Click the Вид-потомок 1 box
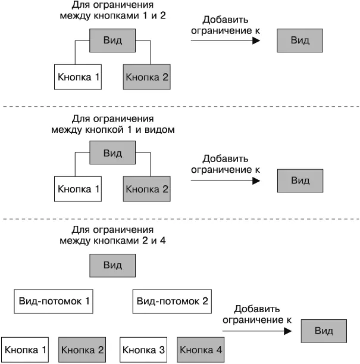click(x=54, y=301)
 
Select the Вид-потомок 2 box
click(x=172, y=301)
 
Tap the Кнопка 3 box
click(x=143, y=350)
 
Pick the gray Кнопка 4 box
click(x=201, y=350)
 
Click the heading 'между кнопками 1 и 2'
click(x=112, y=16)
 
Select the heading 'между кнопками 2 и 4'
click(x=112, y=241)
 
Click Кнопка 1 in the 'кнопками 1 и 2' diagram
click(x=79, y=77)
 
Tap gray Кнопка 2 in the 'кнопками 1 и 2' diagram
click(x=147, y=77)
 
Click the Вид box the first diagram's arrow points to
click(x=300, y=41)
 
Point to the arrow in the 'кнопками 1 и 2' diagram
click(x=226, y=41)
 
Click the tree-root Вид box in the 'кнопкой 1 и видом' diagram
click(x=112, y=153)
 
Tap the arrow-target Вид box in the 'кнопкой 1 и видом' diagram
click(x=300, y=180)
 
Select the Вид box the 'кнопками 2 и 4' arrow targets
click(x=324, y=331)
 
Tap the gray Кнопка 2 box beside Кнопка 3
click(x=83, y=350)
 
